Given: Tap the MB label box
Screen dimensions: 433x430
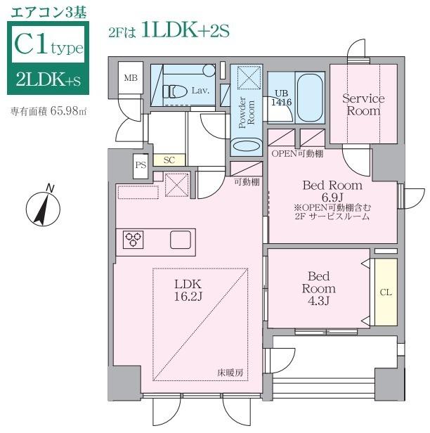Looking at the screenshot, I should coord(131,78).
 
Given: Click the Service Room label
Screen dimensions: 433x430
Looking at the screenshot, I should coord(363,105).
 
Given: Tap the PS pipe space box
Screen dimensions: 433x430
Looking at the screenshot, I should coord(141,166).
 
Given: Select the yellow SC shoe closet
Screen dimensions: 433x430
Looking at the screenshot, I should coord(169,160).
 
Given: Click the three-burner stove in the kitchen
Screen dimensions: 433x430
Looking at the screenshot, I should coord(133,240).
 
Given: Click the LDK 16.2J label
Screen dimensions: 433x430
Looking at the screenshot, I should coord(188,290).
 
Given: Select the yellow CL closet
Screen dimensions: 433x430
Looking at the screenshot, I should coord(386,292).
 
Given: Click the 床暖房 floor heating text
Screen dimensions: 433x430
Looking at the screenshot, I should coord(230,373).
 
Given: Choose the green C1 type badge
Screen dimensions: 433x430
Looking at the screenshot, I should coord(48,47).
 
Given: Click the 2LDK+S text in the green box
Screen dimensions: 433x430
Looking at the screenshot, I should coord(48,81).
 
